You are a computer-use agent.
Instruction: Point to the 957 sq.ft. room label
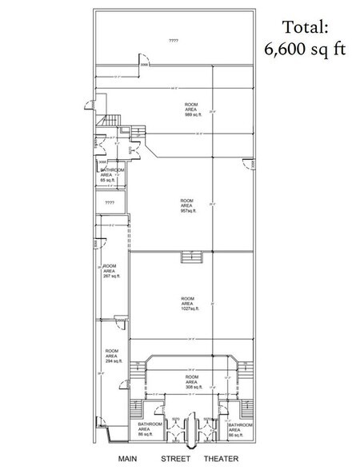188,205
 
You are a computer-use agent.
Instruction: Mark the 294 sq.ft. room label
112,356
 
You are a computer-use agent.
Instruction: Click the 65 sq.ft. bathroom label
111,176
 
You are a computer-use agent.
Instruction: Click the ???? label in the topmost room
174,40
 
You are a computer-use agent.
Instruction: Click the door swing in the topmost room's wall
145,63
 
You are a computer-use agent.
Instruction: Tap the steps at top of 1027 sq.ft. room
192,256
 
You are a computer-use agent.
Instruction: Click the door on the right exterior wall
251,165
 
